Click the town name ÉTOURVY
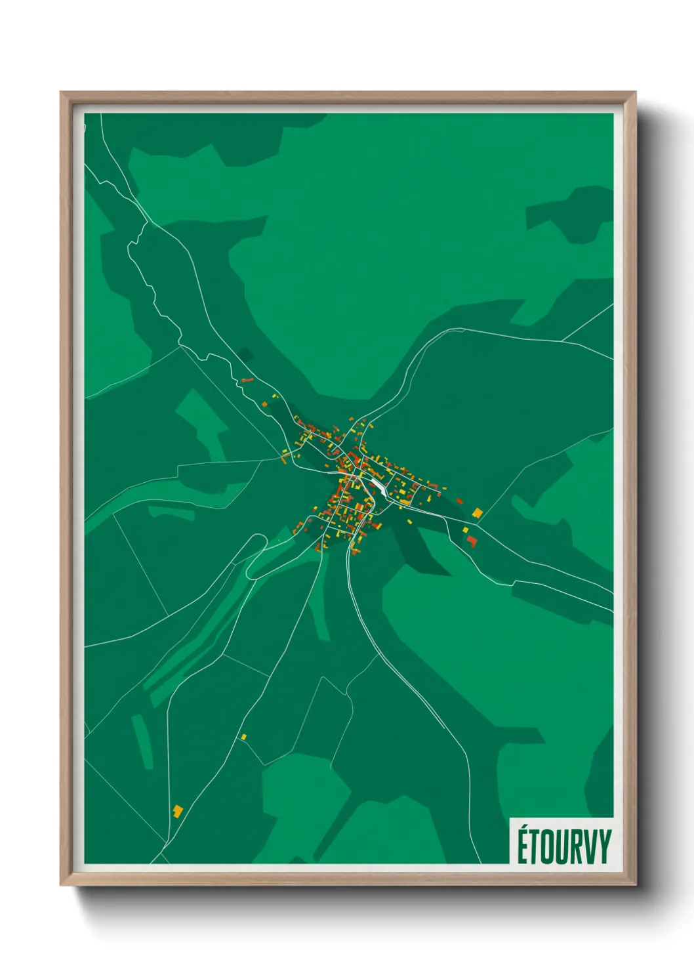click(563, 846)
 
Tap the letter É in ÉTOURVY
click(523, 846)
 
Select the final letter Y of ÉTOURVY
click(604, 847)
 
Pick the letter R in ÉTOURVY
click(577, 847)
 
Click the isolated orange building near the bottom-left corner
click(177, 810)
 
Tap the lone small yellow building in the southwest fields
click(243, 737)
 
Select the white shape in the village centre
click(378, 486)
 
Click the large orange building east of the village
click(478, 512)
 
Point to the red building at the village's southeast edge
click(471, 541)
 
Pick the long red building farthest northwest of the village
click(247, 380)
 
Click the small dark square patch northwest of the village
click(246, 355)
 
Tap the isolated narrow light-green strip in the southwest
click(142, 741)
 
